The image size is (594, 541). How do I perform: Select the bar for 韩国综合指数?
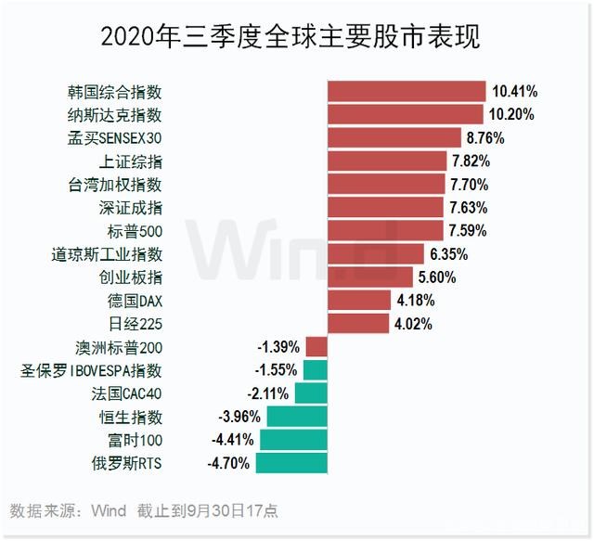(407, 92)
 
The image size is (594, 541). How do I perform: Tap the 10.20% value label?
(514, 115)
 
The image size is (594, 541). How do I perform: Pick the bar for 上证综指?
(386, 161)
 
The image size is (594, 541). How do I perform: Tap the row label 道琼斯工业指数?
(108, 253)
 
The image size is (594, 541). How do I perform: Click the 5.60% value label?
(438, 277)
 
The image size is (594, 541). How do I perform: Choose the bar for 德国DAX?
(359, 300)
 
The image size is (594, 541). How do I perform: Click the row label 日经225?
(136, 323)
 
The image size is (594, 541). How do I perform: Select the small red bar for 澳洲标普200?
(316, 346)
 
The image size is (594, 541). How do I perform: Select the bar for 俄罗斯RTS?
(291, 462)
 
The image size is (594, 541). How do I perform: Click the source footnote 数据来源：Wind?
(68, 510)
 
